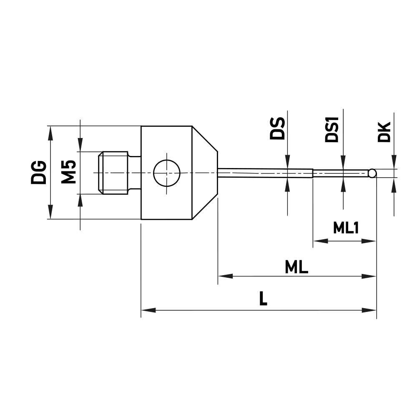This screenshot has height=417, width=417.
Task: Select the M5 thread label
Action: [x=68, y=171]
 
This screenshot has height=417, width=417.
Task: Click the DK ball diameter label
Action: [x=384, y=132]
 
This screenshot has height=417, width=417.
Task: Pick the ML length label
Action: [x=296, y=267]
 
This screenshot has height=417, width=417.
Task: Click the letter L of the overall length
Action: [x=263, y=299]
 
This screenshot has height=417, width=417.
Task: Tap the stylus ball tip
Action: [x=372, y=173]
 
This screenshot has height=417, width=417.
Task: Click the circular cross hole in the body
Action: [x=166, y=173]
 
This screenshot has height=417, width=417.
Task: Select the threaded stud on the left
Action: [x=113, y=173]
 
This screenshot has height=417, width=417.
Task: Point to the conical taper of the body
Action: [x=205, y=173]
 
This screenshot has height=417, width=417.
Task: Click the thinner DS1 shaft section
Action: [x=340, y=173]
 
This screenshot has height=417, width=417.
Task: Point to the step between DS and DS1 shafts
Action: [x=313, y=173]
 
